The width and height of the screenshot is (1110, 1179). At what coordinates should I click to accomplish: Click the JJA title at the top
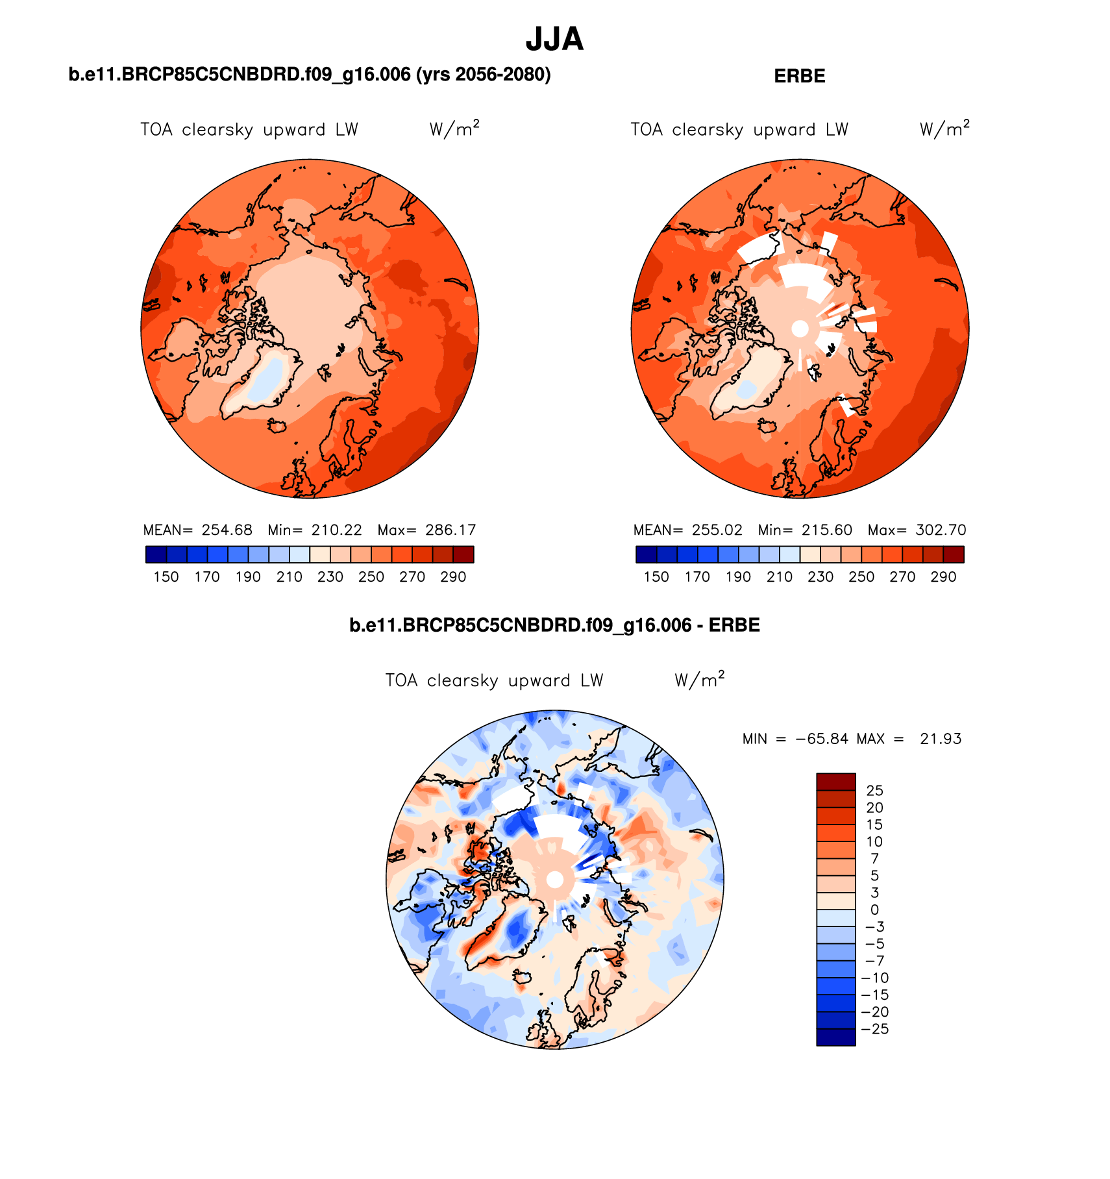pos(554,40)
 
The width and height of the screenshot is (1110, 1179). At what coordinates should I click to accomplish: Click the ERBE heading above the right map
pos(799,76)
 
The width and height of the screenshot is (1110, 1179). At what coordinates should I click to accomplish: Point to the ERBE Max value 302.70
pos(941,530)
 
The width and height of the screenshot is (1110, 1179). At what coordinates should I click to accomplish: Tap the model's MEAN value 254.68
pos(227,530)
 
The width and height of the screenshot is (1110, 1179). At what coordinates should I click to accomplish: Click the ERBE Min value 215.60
pos(826,530)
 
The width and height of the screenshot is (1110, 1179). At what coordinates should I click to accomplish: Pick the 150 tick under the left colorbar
pos(166,577)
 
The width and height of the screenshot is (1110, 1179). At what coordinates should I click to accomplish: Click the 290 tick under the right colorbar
pos(943,577)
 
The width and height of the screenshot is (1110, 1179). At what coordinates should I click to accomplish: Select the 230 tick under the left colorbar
pos(330,577)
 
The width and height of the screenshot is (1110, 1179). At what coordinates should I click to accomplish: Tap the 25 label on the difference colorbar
pos(874,790)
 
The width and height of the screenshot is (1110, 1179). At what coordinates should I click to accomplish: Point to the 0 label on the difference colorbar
pos(874,910)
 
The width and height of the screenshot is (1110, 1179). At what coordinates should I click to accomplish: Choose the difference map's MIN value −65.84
pos(822,739)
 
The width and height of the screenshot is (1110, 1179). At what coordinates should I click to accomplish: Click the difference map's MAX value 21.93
pos(941,739)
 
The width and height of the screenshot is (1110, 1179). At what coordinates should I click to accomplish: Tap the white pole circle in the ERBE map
pos(800,329)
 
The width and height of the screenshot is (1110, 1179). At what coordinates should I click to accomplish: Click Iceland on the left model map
pos(278,426)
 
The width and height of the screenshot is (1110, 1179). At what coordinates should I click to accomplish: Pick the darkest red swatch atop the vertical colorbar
pos(835,781)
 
